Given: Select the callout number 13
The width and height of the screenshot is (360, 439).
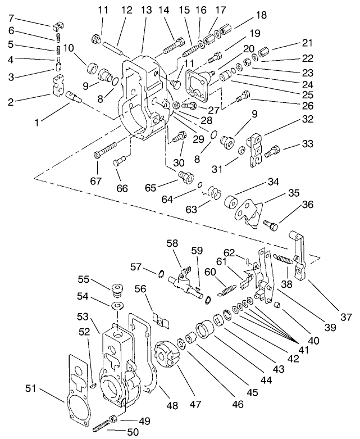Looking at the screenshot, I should click(x=146, y=10).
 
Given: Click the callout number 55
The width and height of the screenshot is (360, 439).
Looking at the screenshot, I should click(x=84, y=279).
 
